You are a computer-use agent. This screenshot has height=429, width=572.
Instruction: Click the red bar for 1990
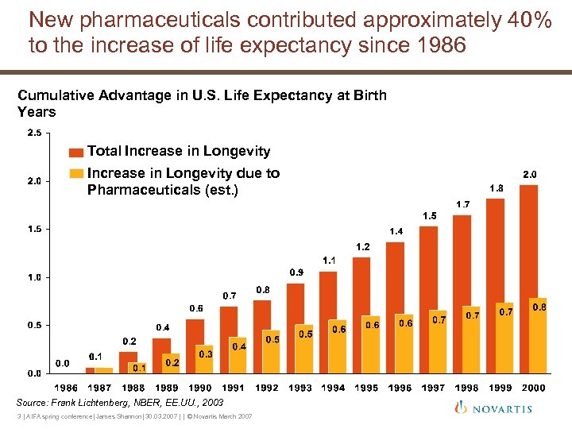[x=195, y=346]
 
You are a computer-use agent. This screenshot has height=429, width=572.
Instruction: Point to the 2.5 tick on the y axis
[x=34, y=133]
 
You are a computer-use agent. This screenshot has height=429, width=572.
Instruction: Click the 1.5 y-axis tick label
[x=34, y=229]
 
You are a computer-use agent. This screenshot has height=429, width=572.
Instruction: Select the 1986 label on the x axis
[x=66, y=388]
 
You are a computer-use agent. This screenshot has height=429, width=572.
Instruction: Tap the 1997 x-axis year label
[x=433, y=388]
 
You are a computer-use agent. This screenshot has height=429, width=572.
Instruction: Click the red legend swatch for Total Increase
[x=75, y=152]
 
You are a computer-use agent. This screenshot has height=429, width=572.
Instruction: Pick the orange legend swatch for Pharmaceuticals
[x=75, y=173]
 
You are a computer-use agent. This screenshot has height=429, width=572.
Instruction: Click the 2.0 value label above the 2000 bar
[x=529, y=173]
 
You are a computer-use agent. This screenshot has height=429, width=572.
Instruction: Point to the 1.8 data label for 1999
[x=496, y=188]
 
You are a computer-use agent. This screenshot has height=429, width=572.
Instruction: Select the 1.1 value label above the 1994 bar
[x=329, y=260]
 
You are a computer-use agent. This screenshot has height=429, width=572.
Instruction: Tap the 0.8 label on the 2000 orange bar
[x=539, y=306]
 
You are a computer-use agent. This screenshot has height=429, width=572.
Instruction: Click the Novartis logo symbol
[x=462, y=407]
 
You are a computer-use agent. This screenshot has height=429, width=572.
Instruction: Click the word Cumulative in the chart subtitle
[x=55, y=95]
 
